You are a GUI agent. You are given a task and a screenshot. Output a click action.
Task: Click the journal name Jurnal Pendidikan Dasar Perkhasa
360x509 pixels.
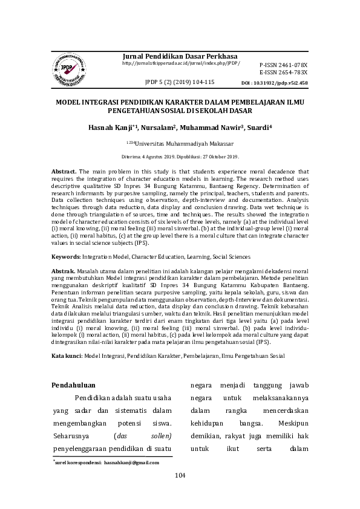pyautogui.click(x=180, y=56)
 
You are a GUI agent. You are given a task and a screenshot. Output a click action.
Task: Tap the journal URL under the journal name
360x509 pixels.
pyautogui.click(x=181, y=63)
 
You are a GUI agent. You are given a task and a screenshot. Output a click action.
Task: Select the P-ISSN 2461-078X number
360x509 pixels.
pyautogui.click(x=283, y=64)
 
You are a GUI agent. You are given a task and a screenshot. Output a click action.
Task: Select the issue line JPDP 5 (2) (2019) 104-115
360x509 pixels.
pyautogui.click(x=180, y=82)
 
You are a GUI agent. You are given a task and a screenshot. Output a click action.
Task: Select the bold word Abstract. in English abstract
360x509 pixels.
pyautogui.click(x=64, y=172)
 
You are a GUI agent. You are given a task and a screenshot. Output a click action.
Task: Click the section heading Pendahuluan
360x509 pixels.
pyautogui.click(x=74, y=384)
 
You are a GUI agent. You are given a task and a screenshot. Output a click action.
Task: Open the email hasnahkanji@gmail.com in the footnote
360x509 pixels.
pyautogui.click(x=131, y=462)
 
